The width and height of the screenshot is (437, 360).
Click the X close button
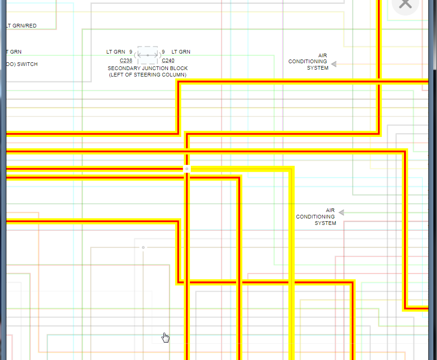point(405,4)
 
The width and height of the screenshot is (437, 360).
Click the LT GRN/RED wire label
point(21,26)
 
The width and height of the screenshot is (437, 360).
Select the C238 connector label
point(126,60)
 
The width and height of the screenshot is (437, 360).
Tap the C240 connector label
point(168,60)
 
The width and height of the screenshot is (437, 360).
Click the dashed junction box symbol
point(147,55)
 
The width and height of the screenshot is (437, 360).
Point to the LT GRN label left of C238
point(115,52)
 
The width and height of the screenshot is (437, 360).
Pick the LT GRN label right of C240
point(181,52)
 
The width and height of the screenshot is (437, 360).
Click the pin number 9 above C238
point(130,52)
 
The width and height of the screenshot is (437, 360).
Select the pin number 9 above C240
point(163,52)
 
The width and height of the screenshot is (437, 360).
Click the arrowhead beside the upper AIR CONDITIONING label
point(334,64)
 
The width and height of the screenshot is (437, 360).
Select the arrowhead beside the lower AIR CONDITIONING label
point(341,213)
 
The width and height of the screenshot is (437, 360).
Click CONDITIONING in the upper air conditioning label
point(308,61)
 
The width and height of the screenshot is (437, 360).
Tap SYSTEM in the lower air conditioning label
point(325,223)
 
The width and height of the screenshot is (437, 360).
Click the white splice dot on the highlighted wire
point(187,169)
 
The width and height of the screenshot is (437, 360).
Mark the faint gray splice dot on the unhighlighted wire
point(143,247)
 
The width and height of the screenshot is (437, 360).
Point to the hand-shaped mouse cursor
point(165,338)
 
